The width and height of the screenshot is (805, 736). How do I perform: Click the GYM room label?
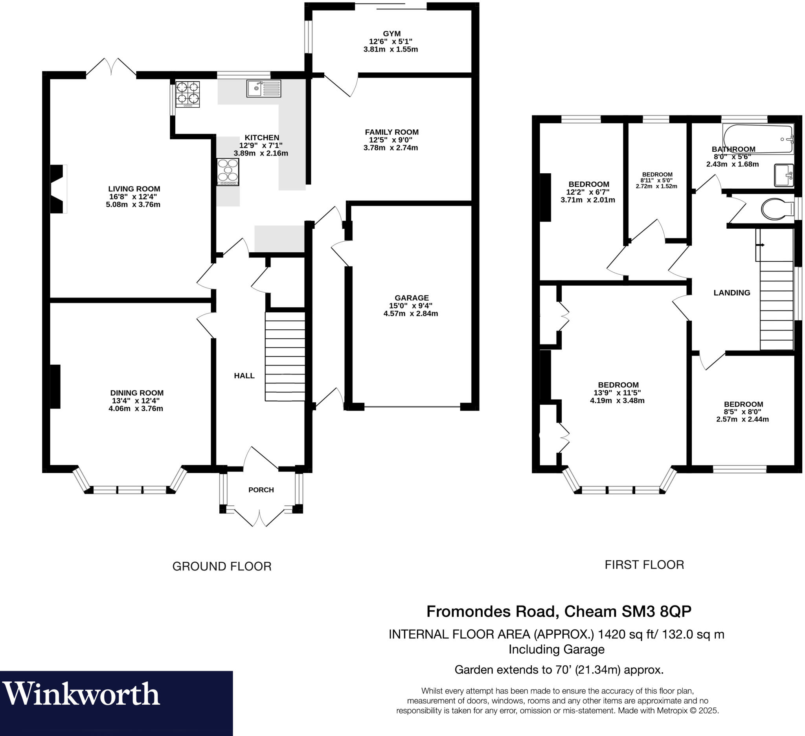391,34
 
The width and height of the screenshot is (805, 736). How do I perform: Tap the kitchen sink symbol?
263,88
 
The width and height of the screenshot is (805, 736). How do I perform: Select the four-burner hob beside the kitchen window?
187,94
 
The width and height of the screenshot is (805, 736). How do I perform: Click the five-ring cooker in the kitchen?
228,172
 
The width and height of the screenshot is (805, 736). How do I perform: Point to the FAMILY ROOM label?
391,132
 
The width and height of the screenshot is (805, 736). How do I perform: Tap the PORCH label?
261,490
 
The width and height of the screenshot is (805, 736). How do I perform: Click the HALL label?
244,376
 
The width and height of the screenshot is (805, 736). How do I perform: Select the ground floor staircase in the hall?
285,356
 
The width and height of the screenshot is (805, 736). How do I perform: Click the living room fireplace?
57,189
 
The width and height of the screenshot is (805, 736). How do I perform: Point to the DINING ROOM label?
136,393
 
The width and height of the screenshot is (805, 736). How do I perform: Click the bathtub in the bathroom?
757,139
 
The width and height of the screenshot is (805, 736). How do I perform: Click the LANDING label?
731,293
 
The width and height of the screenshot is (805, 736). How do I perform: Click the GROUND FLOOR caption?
222,566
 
